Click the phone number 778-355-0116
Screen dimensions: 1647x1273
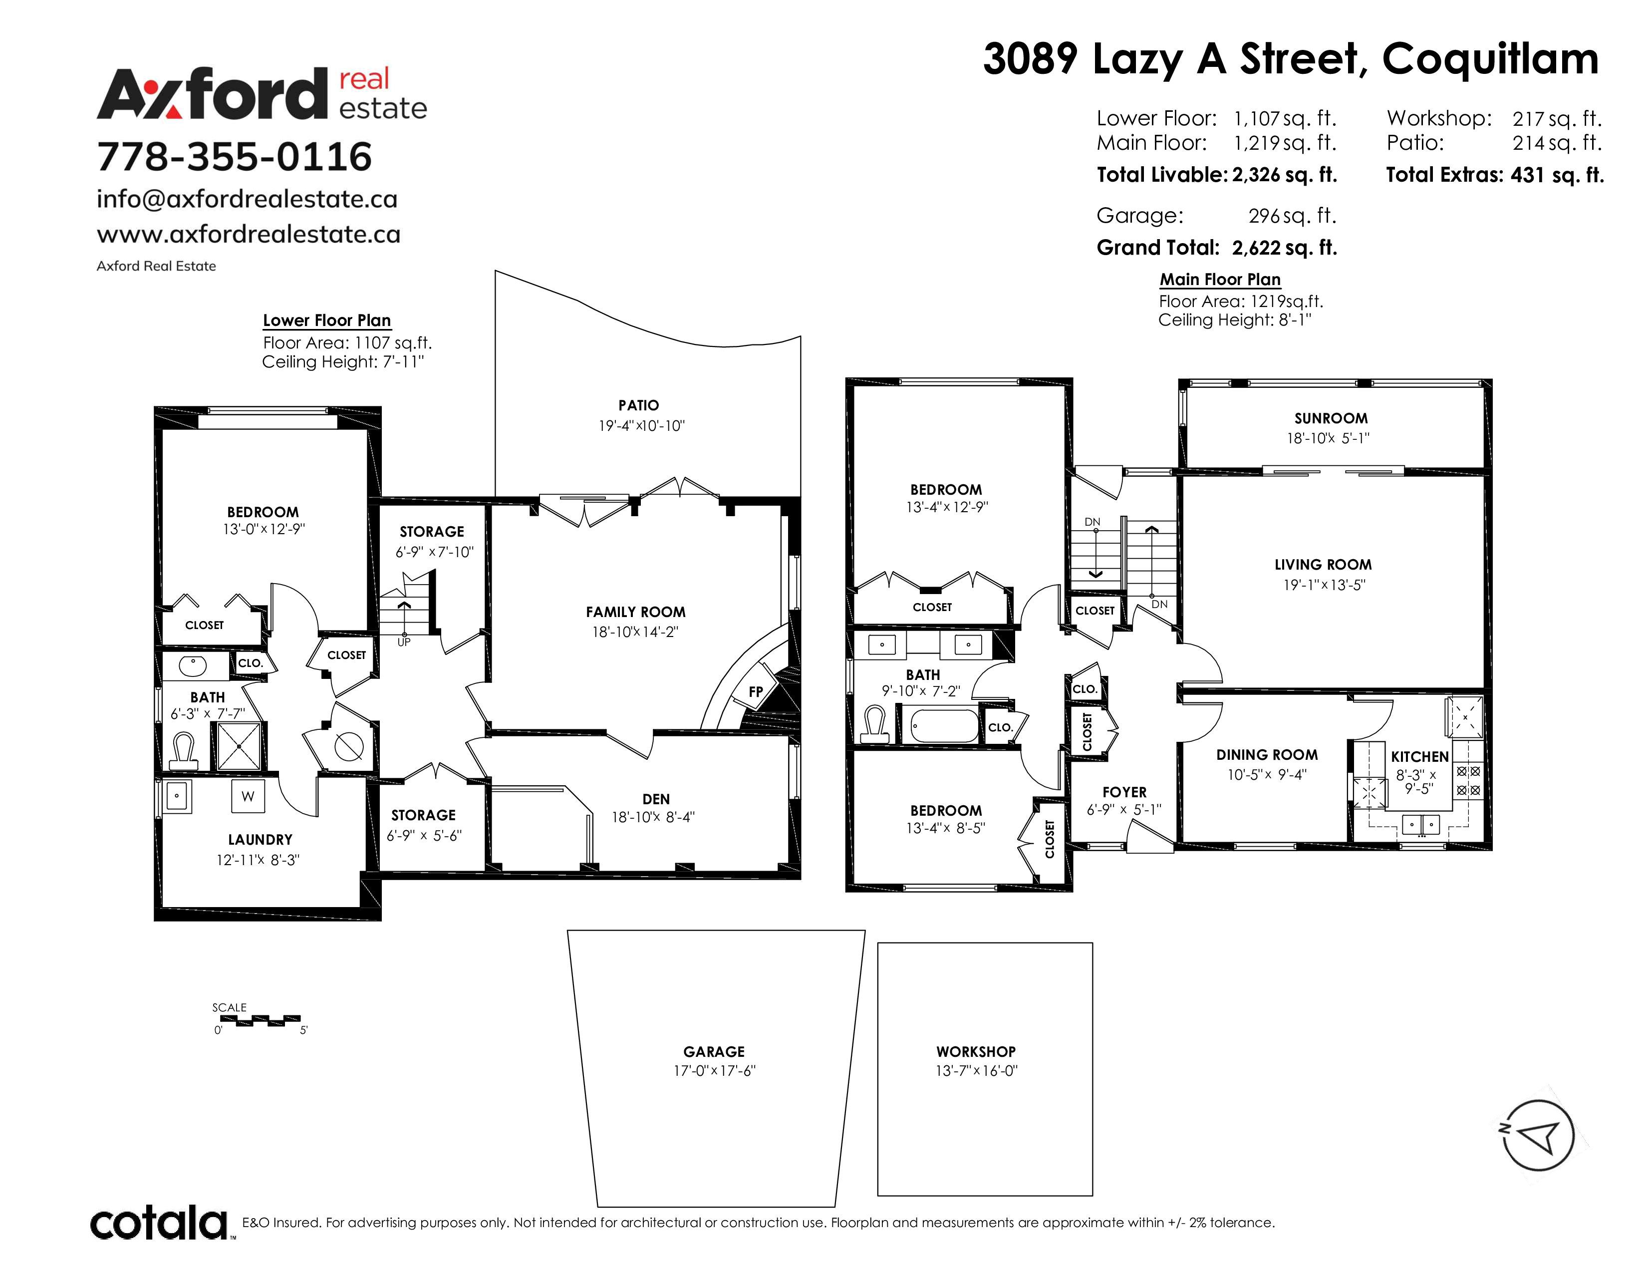pyautogui.click(x=235, y=157)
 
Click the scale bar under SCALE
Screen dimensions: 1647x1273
pyautogui.click(x=257, y=1020)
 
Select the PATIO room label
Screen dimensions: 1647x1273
pyautogui.click(x=639, y=406)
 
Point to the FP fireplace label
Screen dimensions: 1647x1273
pyautogui.click(x=756, y=691)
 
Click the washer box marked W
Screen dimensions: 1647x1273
pyautogui.click(x=248, y=796)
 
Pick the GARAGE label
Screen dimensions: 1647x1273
pyautogui.click(x=714, y=1051)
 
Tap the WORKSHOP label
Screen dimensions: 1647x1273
pyautogui.click(x=976, y=1051)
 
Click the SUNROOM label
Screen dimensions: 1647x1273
pyautogui.click(x=1331, y=418)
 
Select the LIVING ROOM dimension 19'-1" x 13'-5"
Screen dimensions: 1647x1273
pyautogui.click(x=1324, y=585)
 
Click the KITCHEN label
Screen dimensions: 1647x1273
pyautogui.click(x=1420, y=756)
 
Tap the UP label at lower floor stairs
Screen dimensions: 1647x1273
pyautogui.click(x=404, y=642)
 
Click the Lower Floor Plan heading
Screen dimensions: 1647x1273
pyautogui.click(x=326, y=320)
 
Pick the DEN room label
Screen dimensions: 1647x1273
pyautogui.click(x=656, y=799)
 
